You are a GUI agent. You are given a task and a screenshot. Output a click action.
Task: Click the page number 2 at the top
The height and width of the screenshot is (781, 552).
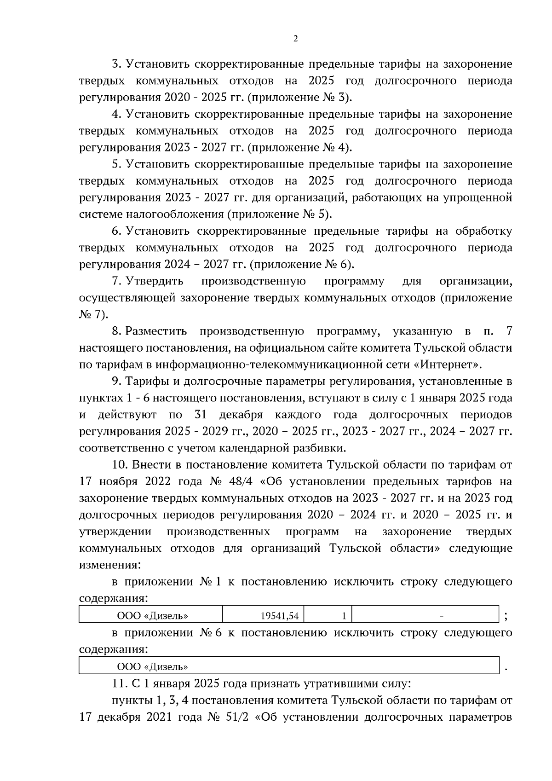(295, 39)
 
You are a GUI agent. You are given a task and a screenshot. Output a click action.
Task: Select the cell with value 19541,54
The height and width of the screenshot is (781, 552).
(264, 615)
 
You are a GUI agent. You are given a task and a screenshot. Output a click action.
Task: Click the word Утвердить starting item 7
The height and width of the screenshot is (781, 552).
(155, 281)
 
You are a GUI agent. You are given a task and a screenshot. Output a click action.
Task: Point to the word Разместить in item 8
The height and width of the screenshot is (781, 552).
(156, 331)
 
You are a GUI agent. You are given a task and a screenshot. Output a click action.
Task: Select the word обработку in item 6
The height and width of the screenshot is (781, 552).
(483, 231)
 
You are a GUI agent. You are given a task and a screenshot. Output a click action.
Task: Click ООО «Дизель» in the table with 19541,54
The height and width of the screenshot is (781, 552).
(152, 615)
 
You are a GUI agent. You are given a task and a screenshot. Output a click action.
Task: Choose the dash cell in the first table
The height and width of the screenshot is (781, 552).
(426, 615)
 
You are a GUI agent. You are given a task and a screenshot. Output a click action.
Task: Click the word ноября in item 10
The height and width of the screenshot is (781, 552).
(118, 482)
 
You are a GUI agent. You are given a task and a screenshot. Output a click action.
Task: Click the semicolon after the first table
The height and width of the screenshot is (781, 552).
(506, 616)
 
